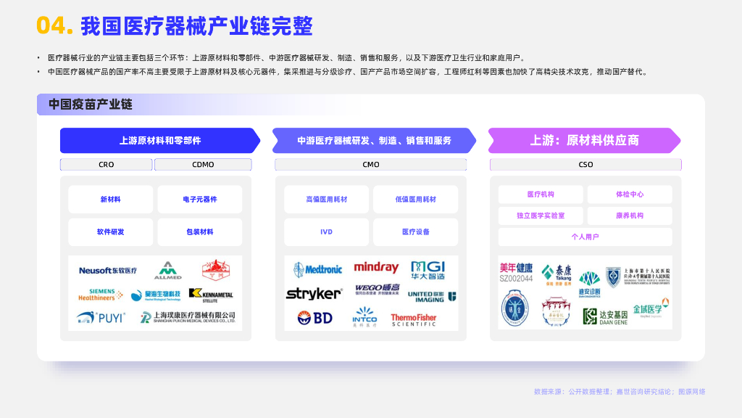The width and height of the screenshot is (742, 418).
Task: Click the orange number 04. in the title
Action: click(x=54, y=26)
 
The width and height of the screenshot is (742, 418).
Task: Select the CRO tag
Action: click(x=107, y=165)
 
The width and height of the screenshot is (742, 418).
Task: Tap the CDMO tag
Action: click(x=203, y=165)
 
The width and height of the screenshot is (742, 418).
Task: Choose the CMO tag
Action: click(x=371, y=165)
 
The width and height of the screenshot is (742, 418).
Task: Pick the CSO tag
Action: click(x=585, y=165)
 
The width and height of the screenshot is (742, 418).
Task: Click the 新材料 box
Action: click(x=111, y=200)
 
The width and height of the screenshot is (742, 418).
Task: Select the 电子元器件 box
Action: click(x=200, y=200)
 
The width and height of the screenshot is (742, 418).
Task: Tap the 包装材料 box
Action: click(x=200, y=232)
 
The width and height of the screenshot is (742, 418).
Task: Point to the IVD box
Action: click(x=326, y=232)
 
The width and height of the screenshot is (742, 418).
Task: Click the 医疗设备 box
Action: click(x=416, y=232)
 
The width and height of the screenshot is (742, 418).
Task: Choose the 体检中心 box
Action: click(x=630, y=194)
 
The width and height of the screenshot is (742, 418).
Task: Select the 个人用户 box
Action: click(x=585, y=237)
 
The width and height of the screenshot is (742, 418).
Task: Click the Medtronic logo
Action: click(x=318, y=270)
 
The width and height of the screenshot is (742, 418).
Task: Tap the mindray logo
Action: click(x=376, y=268)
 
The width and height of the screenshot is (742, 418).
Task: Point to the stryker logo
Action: click(x=314, y=294)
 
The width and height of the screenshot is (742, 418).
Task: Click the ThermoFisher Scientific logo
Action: click(x=414, y=319)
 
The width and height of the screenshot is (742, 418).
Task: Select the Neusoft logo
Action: click(x=108, y=271)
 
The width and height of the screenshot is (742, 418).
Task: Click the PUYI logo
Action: click(x=101, y=318)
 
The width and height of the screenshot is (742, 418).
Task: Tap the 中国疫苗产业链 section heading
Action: click(x=91, y=104)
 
